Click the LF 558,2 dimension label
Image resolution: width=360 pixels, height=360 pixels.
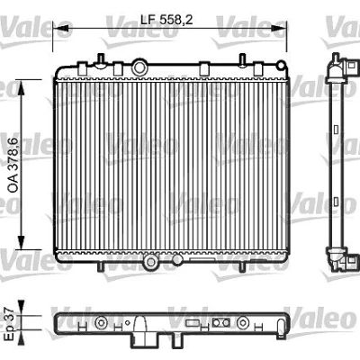tap(166, 20)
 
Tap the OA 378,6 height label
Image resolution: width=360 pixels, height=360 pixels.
tap(13, 165)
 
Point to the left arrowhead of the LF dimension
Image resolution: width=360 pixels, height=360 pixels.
tap(61, 28)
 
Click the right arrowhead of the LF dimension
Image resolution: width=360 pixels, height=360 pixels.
tap(279, 28)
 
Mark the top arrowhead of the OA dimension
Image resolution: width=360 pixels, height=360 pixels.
tap(21, 87)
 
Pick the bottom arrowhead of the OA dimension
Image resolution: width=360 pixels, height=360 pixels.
tap(21, 242)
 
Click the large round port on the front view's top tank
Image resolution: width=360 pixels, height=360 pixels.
tap(139, 67)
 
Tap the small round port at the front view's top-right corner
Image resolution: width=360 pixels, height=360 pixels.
tap(281, 65)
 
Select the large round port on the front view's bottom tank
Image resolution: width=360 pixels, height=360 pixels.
tap(151, 262)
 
